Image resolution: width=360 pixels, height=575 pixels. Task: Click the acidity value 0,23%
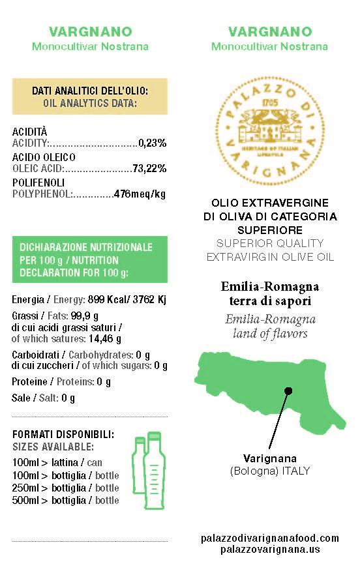tap(153, 143)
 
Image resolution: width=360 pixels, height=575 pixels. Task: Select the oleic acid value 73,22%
tap(149, 168)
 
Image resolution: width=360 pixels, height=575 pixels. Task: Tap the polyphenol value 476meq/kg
tap(140, 194)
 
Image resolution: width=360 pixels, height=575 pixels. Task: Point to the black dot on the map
tap(288, 391)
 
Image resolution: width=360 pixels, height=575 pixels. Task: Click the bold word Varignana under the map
tap(269, 458)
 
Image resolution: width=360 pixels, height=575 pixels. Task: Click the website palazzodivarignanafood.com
tap(270, 538)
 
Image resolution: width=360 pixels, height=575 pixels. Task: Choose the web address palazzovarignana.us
tap(270, 550)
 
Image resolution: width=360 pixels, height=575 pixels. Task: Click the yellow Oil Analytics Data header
tap(90, 96)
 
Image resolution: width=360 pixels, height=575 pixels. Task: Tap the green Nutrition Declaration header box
tap(90, 259)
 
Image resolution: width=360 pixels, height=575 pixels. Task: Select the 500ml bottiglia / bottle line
tap(66, 500)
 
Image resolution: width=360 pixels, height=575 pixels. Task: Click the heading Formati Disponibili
tap(64, 434)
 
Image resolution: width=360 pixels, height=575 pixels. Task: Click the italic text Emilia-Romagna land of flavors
tap(269, 327)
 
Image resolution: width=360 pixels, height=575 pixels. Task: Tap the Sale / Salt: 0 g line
tap(44, 398)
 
